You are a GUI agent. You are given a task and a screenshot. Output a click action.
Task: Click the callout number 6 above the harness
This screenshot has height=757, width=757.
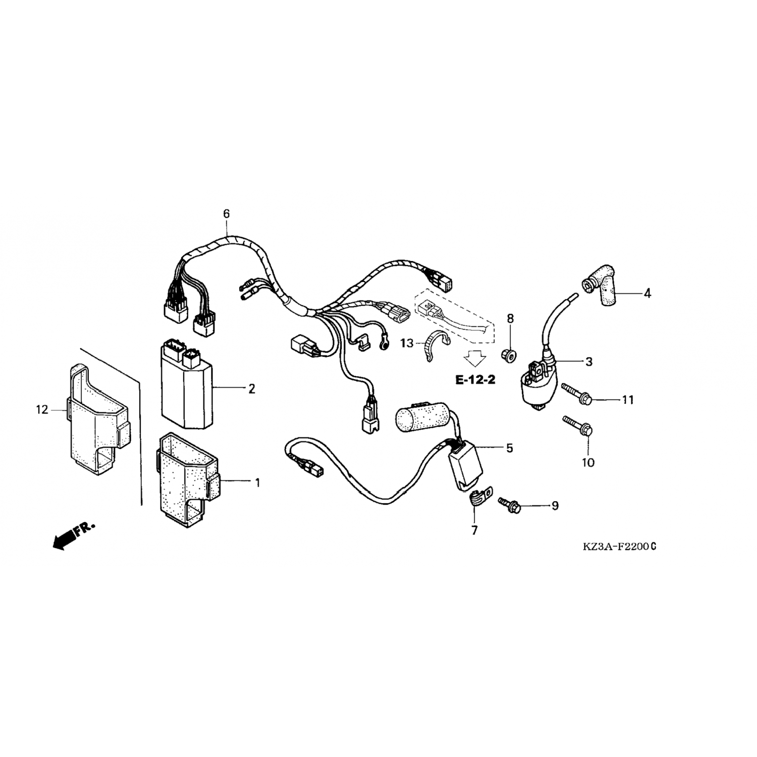226,214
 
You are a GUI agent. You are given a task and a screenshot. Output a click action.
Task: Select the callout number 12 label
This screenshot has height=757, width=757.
42,410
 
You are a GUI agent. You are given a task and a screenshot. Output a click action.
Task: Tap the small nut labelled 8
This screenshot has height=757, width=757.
509,356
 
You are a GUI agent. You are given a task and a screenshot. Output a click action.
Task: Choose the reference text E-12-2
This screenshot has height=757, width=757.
475,380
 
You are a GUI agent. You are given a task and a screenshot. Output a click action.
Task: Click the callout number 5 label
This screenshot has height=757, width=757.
510,448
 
